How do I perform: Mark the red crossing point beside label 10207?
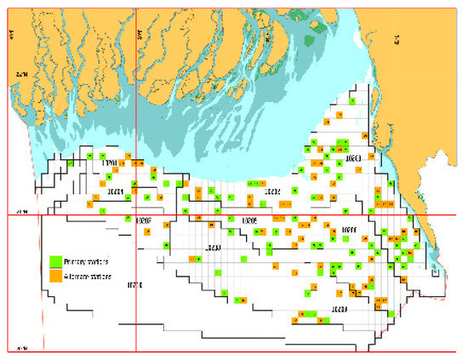pos(136,215)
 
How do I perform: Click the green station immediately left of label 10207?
pos(127,220)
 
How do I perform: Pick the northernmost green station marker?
pos(341,139)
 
